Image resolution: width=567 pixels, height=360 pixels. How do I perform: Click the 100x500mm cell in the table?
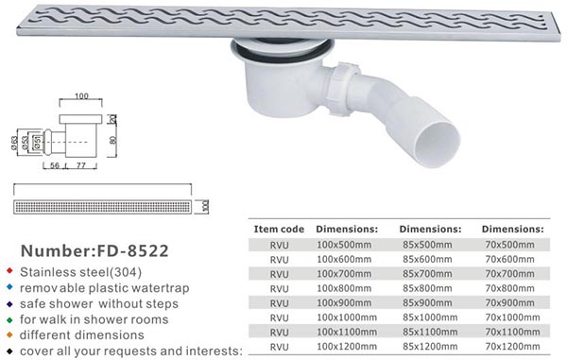click(x=344, y=245)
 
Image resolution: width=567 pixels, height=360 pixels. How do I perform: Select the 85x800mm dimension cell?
click(x=427, y=288)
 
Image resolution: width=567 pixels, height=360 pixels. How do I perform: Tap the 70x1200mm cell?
click(x=512, y=346)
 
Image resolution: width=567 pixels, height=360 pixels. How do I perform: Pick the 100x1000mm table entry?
click(x=347, y=317)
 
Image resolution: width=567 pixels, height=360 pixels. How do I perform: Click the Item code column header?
click(x=279, y=230)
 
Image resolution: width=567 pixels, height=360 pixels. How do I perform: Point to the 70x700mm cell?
click(x=509, y=274)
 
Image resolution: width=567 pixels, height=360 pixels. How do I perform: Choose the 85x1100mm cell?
click(x=430, y=332)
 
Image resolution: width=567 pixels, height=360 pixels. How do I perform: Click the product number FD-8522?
click(x=132, y=250)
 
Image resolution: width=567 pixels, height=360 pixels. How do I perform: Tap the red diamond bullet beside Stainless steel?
click(x=9, y=270)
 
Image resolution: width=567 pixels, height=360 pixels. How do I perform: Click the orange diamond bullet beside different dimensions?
click(x=9, y=335)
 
